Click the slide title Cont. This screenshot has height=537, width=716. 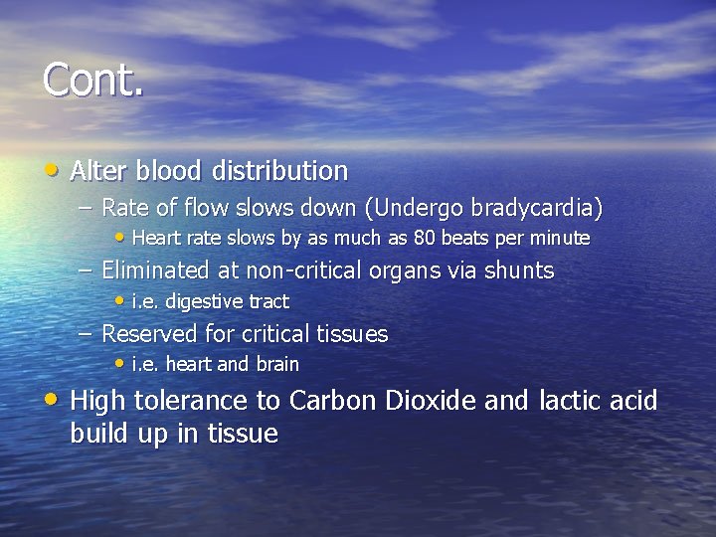93,81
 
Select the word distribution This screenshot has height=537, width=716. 279,171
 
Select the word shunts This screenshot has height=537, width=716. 518,270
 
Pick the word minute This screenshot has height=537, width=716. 562,239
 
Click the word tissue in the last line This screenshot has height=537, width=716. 243,434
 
